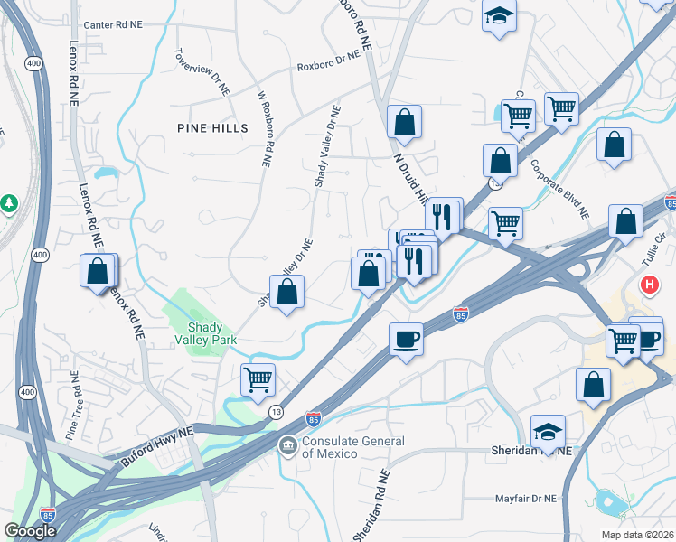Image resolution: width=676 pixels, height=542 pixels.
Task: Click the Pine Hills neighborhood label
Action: (x=212, y=129)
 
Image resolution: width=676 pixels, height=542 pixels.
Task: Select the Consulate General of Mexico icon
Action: (x=287, y=444)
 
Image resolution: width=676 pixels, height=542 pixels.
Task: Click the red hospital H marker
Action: (x=649, y=285)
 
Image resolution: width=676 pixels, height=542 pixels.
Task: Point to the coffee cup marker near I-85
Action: (x=406, y=340)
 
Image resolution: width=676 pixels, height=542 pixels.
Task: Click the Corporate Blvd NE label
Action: (x=559, y=190)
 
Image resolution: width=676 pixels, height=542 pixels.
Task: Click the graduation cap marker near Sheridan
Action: (x=548, y=431)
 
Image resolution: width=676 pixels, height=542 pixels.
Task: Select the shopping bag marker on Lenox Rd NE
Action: (x=98, y=271)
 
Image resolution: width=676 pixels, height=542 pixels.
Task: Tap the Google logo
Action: (x=30, y=532)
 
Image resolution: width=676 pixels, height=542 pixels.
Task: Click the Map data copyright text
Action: (x=636, y=534)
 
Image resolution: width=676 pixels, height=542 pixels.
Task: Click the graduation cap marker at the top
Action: (x=498, y=16)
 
